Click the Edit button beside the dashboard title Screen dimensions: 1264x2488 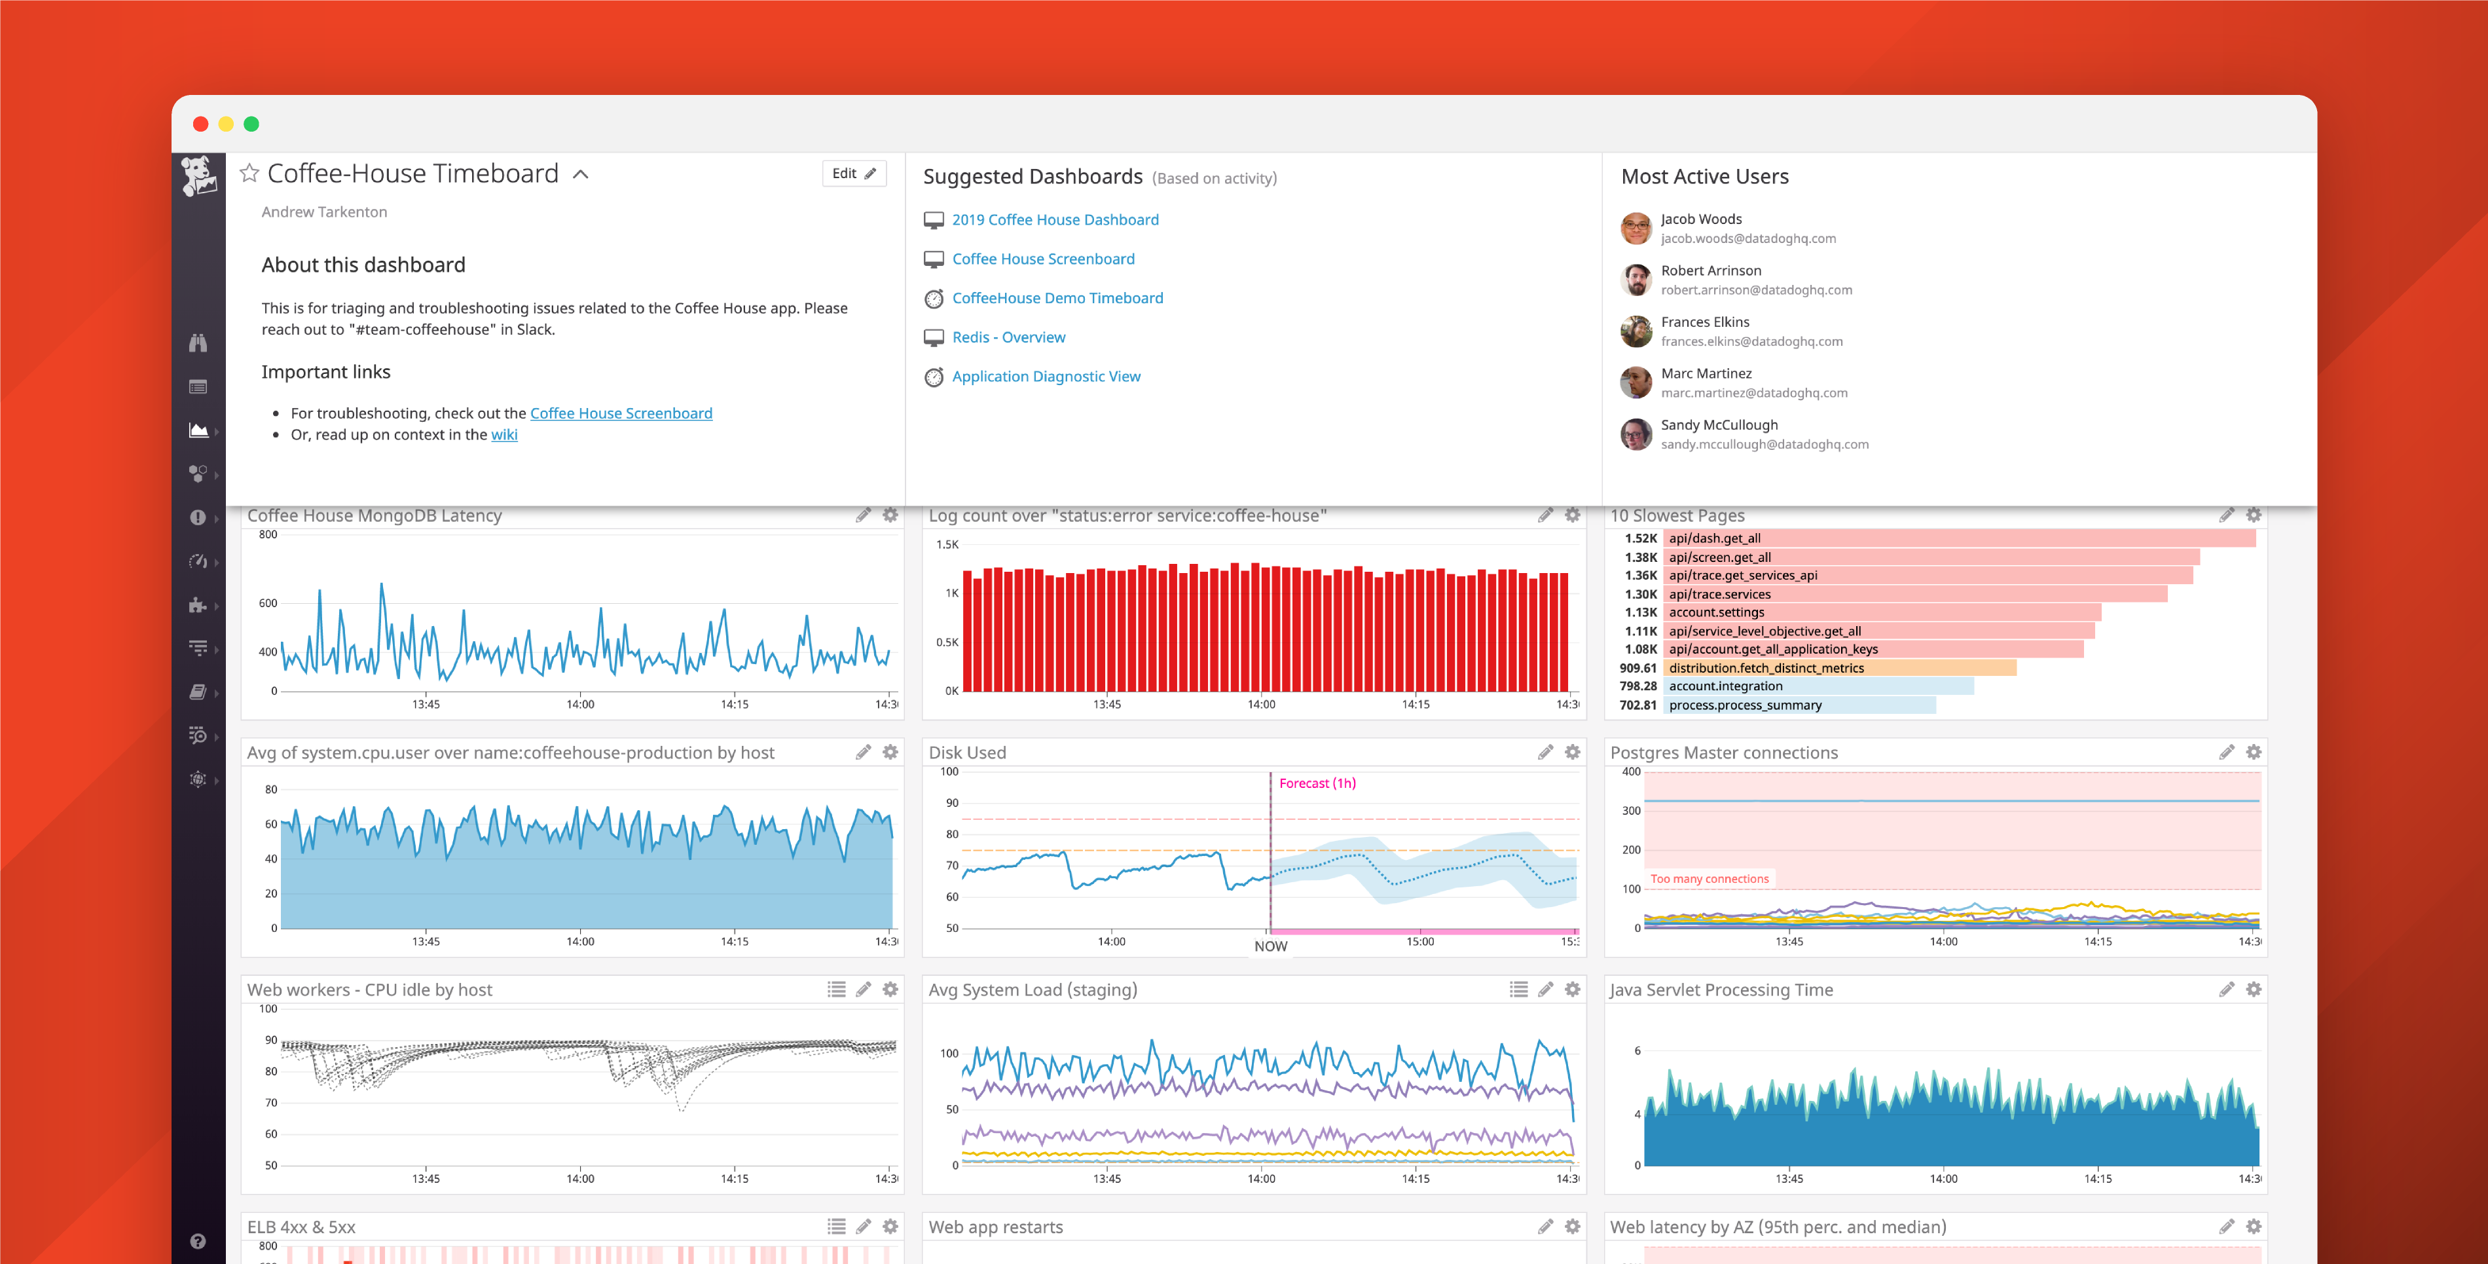[854, 174]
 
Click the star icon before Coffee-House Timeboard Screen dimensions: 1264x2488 [249, 174]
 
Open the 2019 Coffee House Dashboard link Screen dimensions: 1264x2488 [1055, 220]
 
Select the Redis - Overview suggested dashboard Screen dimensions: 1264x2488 [1008, 337]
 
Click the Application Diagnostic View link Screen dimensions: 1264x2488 [1046, 377]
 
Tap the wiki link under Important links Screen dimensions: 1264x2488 [504, 435]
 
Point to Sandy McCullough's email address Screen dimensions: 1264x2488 [1765, 445]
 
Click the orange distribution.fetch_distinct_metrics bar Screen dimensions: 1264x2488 [1840, 668]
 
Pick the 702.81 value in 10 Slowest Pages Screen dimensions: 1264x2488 [1638, 705]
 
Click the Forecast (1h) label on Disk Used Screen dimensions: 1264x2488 [1317, 784]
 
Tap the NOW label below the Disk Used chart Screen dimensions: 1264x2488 [1270, 946]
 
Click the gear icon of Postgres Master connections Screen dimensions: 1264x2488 [2254, 752]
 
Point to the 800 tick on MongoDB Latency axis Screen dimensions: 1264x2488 [268, 534]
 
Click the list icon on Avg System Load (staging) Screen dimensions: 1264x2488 [1518, 990]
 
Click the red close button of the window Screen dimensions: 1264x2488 [201, 124]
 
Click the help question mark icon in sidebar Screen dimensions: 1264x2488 [198, 1242]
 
